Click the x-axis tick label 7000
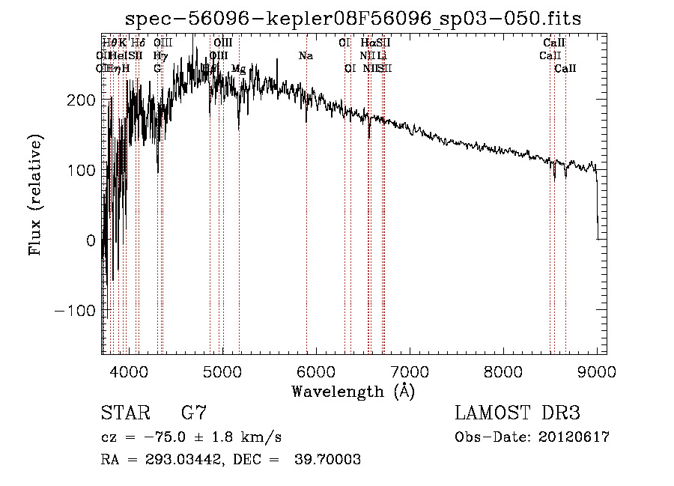click(409, 371)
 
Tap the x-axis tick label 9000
click(596, 371)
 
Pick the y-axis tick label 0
click(91, 240)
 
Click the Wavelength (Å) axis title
click(353, 391)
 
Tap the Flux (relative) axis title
click(35, 195)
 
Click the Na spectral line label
click(306, 56)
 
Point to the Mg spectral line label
click(238, 69)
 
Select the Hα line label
click(367, 43)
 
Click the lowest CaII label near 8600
click(565, 69)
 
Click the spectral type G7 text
click(193, 413)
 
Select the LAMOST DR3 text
click(517, 413)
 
